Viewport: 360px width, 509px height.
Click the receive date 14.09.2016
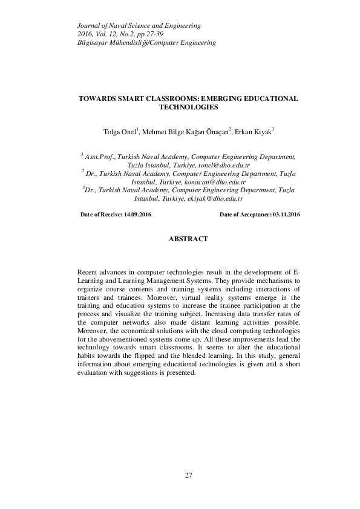point(137,215)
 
